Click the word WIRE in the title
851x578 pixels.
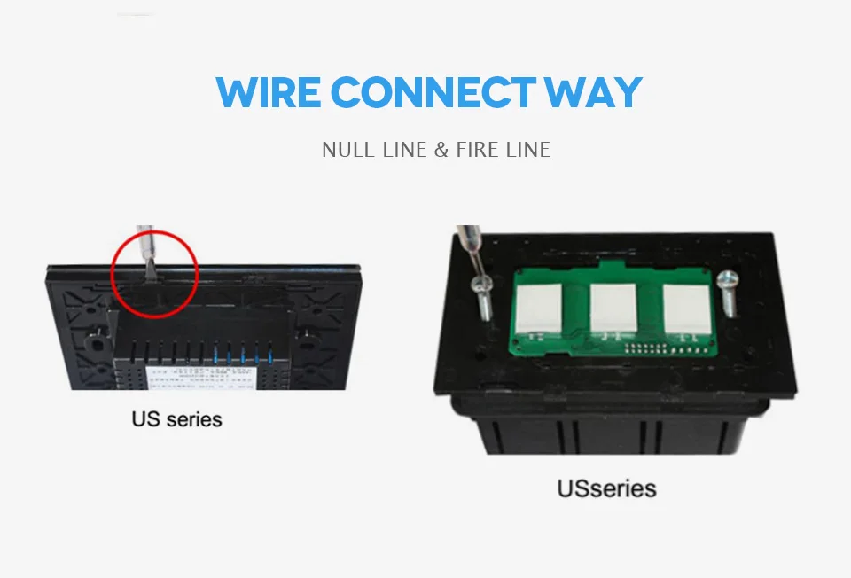(x=268, y=93)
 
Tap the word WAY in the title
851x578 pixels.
(x=593, y=93)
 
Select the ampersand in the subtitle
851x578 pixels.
(x=441, y=149)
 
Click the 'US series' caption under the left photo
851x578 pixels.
(x=176, y=418)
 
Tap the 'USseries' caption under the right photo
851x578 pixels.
(x=606, y=488)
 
